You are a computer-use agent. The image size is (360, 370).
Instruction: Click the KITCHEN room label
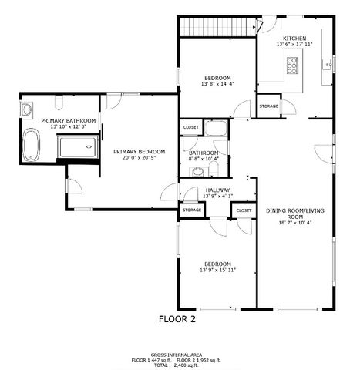[294, 38]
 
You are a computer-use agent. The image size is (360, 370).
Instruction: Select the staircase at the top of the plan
[217, 27]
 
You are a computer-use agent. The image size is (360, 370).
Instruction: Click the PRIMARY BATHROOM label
[69, 121]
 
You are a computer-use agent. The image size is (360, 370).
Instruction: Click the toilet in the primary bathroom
[59, 104]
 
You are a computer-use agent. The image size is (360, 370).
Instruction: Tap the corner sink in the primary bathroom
[25, 109]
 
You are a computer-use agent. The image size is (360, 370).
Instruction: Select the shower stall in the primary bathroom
[77, 146]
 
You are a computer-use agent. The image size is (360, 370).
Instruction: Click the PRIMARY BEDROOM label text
[140, 151]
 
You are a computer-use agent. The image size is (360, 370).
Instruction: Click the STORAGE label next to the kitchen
[268, 106]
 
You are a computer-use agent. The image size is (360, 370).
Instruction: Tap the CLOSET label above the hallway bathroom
[190, 127]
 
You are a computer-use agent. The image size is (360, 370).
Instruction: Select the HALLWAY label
[218, 190]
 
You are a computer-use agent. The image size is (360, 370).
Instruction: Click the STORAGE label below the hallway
[191, 210]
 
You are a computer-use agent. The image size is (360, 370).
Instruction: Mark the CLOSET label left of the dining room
[244, 210]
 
